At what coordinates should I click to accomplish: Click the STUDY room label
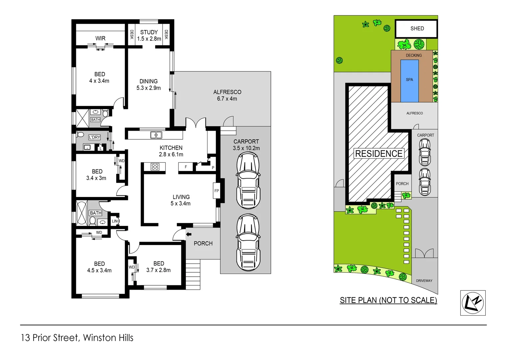click(x=149, y=32)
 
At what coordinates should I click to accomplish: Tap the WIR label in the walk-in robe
click(x=100, y=38)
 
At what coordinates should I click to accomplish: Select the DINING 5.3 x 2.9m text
click(x=149, y=85)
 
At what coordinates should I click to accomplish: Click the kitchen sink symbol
click(x=156, y=135)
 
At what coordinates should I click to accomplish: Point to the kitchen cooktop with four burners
click(x=155, y=167)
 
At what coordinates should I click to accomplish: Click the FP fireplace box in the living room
click(x=217, y=191)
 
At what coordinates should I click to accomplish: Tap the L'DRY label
click(x=94, y=137)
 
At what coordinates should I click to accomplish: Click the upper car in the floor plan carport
click(x=248, y=180)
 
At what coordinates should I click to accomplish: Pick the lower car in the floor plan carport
click(x=248, y=242)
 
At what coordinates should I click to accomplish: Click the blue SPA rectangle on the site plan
click(x=409, y=81)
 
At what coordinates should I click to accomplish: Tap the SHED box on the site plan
click(x=416, y=29)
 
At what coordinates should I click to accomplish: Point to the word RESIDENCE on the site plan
click(x=379, y=153)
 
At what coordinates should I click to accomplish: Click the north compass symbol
click(x=473, y=303)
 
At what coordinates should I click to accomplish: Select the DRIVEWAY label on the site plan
click(x=424, y=281)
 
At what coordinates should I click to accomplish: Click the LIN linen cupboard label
click(x=115, y=221)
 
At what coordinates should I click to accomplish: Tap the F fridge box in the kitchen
click(x=186, y=167)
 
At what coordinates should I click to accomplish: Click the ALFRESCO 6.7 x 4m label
click(x=227, y=95)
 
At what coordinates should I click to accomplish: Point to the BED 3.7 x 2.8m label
click(x=159, y=267)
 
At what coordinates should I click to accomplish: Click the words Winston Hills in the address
click(x=108, y=338)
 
